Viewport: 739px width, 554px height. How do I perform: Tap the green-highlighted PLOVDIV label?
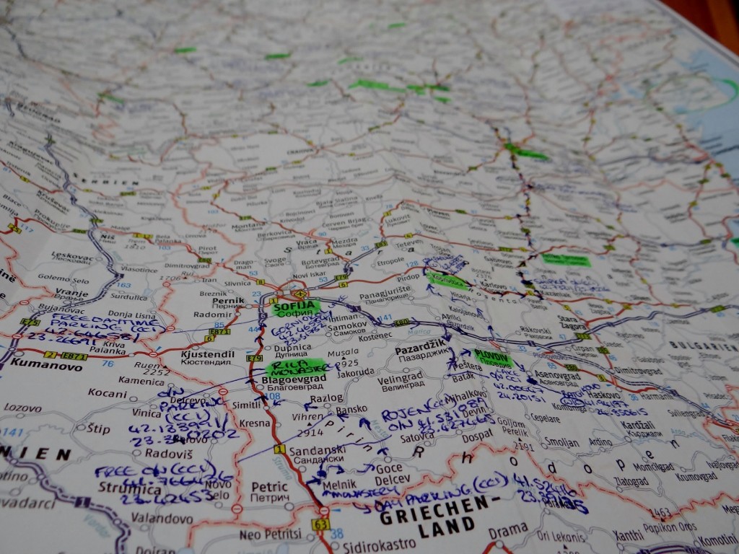pos(494,356)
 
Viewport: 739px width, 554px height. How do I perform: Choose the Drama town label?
pos(508,530)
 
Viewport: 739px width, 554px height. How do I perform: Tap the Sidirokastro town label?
pos(381,546)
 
